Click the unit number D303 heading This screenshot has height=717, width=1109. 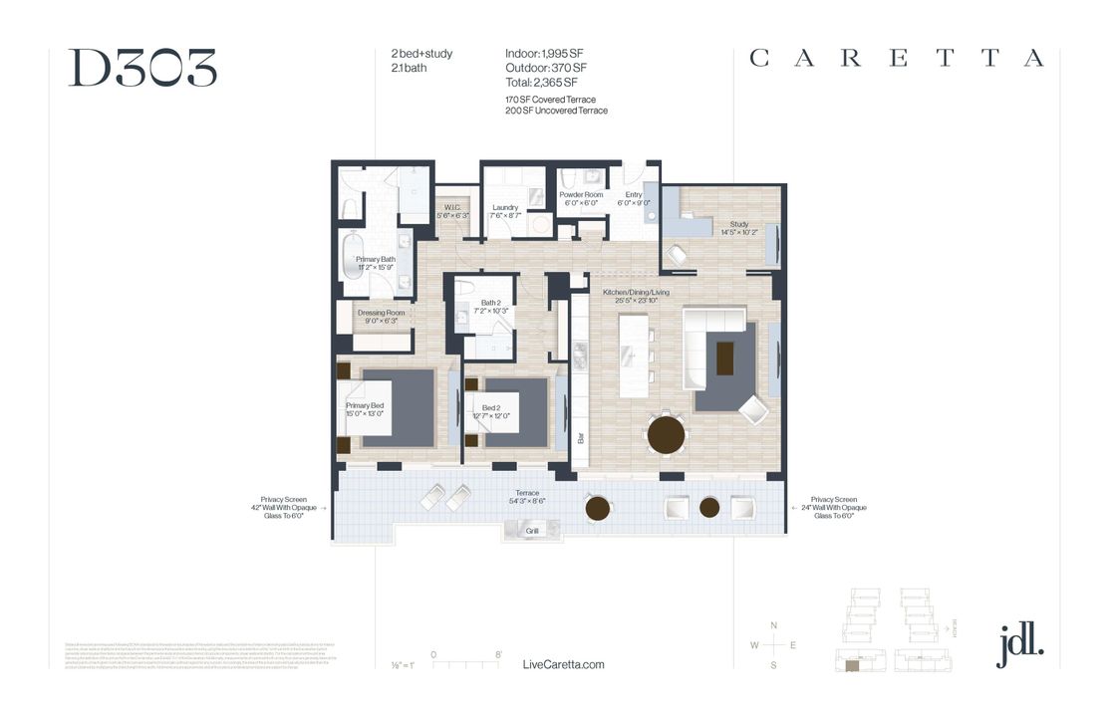click(x=142, y=68)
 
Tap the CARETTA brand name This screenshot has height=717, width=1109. click(x=897, y=58)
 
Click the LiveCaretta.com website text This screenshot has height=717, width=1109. click(x=563, y=664)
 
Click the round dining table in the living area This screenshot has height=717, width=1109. click(x=667, y=435)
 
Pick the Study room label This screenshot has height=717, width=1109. click(x=738, y=225)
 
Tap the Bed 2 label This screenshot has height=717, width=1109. click(x=491, y=408)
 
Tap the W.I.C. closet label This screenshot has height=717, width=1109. click(x=451, y=208)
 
